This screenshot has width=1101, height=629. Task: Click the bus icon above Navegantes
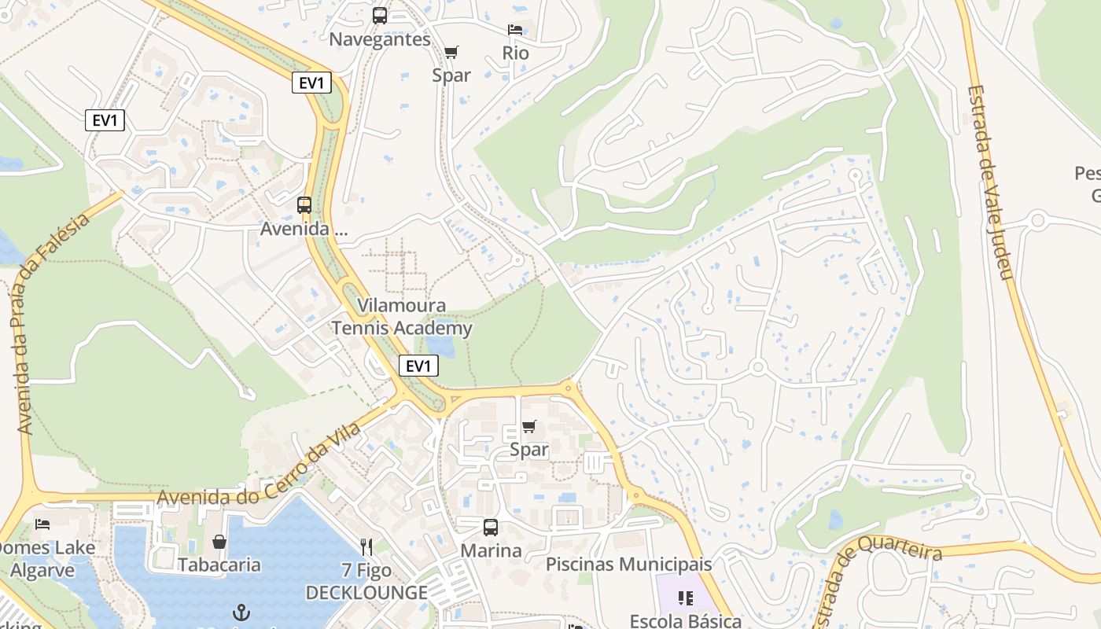[x=380, y=16]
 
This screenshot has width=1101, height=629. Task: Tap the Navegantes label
[x=380, y=39]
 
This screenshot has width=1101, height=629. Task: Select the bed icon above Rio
[x=515, y=30]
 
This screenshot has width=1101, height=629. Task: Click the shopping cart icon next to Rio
[x=451, y=53]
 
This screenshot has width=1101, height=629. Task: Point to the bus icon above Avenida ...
[x=304, y=205]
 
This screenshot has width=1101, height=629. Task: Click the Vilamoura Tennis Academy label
[x=402, y=317]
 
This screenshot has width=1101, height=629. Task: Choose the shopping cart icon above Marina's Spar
[x=529, y=427]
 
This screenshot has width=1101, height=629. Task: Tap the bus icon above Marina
[x=491, y=528]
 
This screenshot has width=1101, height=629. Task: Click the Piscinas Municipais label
[x=628, y=565]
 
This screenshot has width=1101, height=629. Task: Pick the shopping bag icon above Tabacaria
[x=219, y=542]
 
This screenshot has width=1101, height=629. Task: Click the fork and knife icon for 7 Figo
[x=366, y=547]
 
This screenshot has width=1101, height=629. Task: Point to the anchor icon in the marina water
[x=241, y=612]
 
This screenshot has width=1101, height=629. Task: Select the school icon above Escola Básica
[x=686, y=598]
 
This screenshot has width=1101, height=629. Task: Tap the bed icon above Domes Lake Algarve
[x=42, y=524]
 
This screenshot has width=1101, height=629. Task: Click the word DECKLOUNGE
[x=366, y=593]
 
